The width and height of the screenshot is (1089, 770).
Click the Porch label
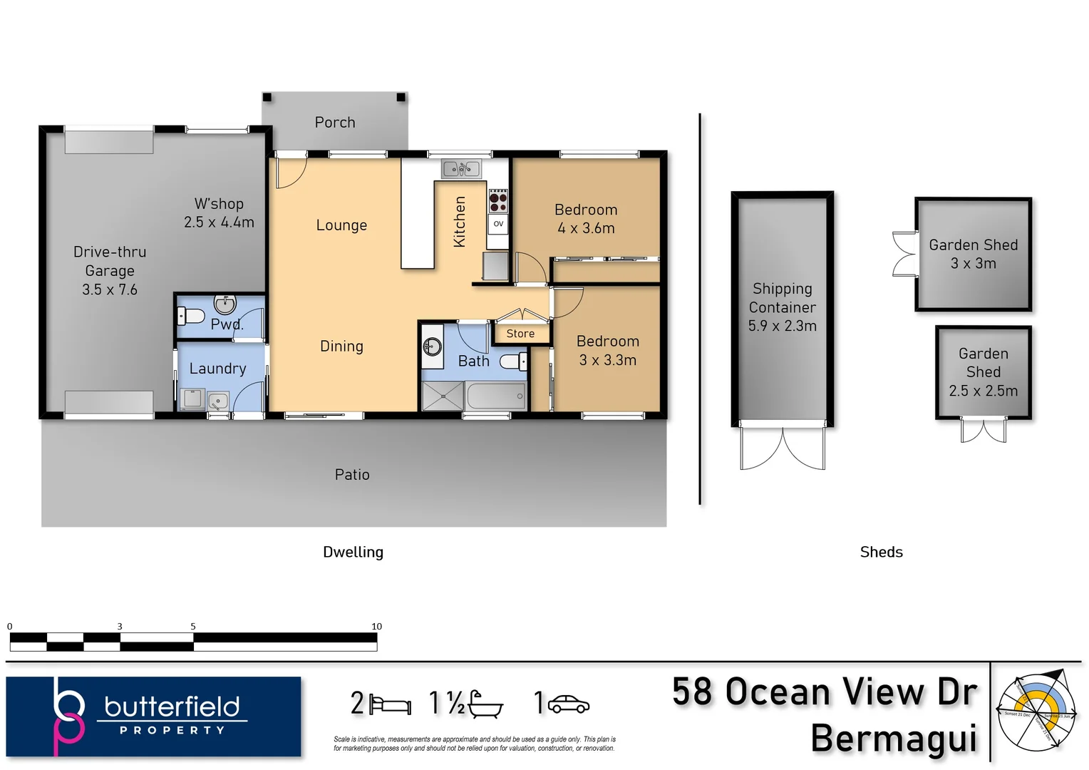click(335, 123)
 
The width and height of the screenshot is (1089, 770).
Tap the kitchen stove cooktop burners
click(498, 200)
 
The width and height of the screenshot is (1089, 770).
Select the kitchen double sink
click(461, 169)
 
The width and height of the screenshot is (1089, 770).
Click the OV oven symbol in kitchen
click(498, 224)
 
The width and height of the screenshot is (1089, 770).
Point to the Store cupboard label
click(520, 334)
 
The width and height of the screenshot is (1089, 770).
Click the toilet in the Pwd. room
click(190, 315)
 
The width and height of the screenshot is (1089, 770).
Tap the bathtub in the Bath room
click(496, 396)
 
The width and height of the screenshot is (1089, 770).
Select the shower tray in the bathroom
click(443, 396)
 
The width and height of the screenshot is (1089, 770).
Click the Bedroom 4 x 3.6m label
click(586, 219)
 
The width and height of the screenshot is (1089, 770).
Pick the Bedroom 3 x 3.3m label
click(608, 351)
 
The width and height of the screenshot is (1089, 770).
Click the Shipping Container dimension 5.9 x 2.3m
click(782, 326)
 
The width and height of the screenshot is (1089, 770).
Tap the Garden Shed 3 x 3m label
click(973, 254)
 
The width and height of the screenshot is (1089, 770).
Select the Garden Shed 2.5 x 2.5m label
click(983, 372)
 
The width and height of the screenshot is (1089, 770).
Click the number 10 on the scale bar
click(376, 627)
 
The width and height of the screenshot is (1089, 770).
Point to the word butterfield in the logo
click(172, 707)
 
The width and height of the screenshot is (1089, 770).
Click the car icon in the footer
click(567, 704)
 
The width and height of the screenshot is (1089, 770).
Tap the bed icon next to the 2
click(390, 705)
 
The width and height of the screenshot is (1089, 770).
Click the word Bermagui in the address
click(894, 738)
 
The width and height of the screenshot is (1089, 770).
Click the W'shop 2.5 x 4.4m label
click(219, 213)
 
